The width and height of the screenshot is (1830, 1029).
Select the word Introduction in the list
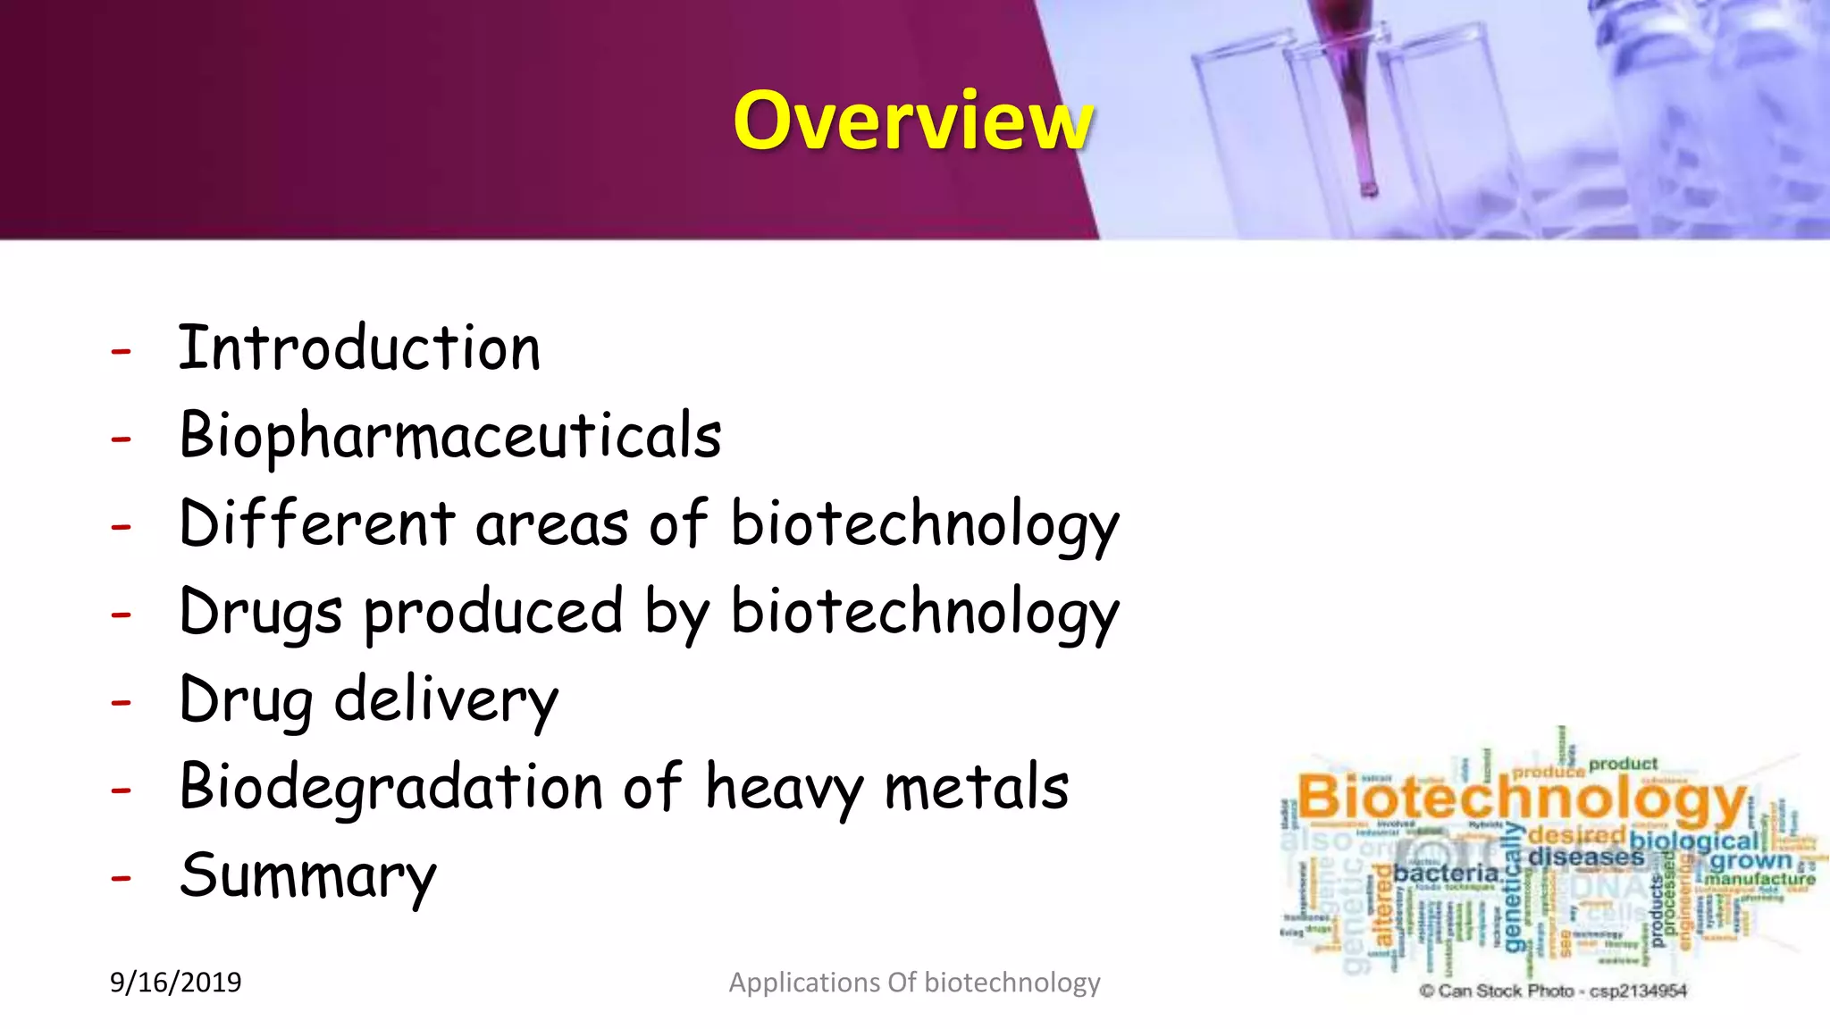point(359,347)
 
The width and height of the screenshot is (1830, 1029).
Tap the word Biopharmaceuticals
point(450,436)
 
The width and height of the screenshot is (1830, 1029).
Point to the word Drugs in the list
point(260,614)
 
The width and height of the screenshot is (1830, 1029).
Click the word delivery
point(446,701)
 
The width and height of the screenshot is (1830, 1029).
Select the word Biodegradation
point(391,787)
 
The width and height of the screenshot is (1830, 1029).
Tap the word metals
point(976,787)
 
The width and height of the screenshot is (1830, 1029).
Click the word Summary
point(307,876)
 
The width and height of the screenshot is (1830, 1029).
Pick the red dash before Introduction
point(121,351)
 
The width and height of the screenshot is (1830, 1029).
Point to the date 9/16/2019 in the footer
point(175,983)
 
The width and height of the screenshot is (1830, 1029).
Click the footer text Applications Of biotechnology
point(914,983)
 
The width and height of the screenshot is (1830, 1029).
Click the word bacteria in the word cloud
point(1446,873)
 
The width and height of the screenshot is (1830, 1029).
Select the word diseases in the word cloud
point(1585,857)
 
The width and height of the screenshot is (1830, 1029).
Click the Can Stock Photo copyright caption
point(1553,991)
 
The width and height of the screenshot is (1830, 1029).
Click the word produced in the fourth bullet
point(493,614)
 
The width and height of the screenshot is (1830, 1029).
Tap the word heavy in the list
point(784,789)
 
